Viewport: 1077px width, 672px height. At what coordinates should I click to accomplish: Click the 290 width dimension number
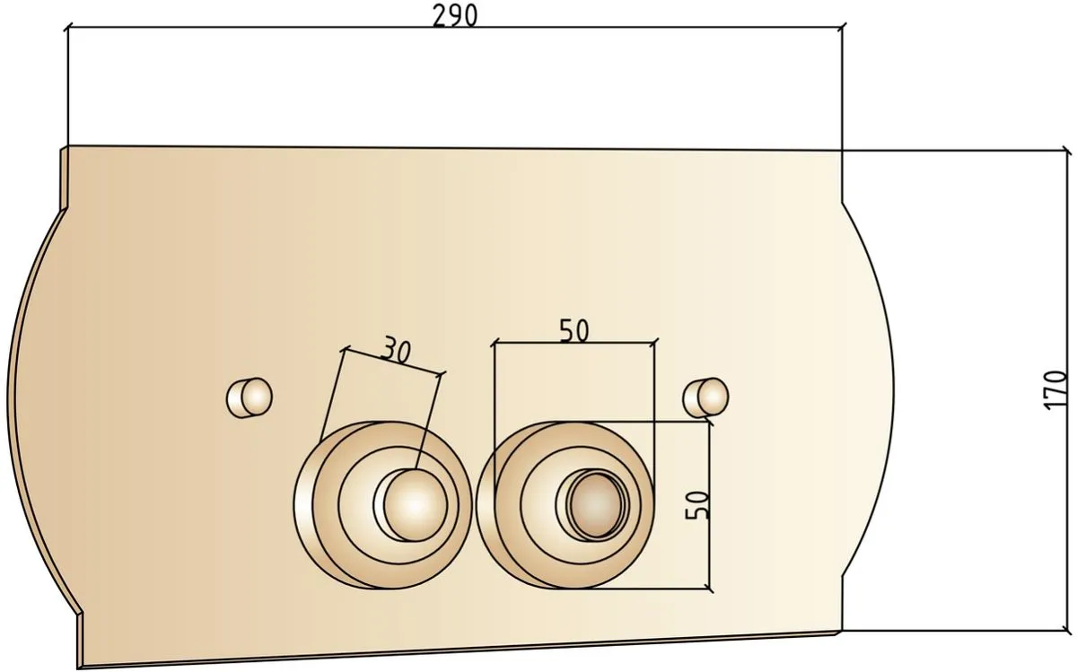point(455,15)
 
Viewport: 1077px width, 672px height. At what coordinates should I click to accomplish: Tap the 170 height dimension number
point(1055,390)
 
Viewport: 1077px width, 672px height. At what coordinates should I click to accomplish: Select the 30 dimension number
point(396,350)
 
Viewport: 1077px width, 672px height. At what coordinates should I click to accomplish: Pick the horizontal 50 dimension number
point(574,331)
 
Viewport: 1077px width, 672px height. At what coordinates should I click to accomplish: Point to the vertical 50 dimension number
point(697,505)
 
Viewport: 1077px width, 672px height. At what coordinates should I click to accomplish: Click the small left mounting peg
point(250,397)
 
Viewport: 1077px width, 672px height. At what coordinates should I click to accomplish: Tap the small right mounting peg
point(705,397)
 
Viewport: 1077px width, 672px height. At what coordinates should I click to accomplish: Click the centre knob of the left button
point(416,505)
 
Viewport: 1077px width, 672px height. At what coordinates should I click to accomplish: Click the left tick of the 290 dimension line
point(68,28)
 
